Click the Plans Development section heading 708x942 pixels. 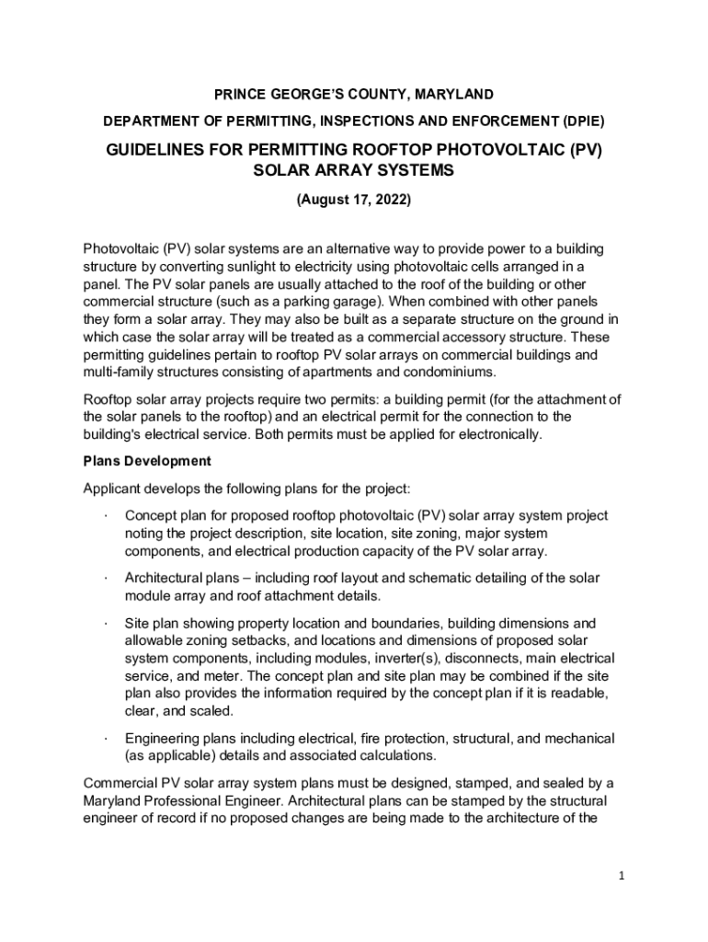(147, 461)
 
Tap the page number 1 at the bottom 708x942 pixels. (622, 876)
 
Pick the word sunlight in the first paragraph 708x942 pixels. (244, 267)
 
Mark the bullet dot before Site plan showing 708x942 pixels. (107, 623)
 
